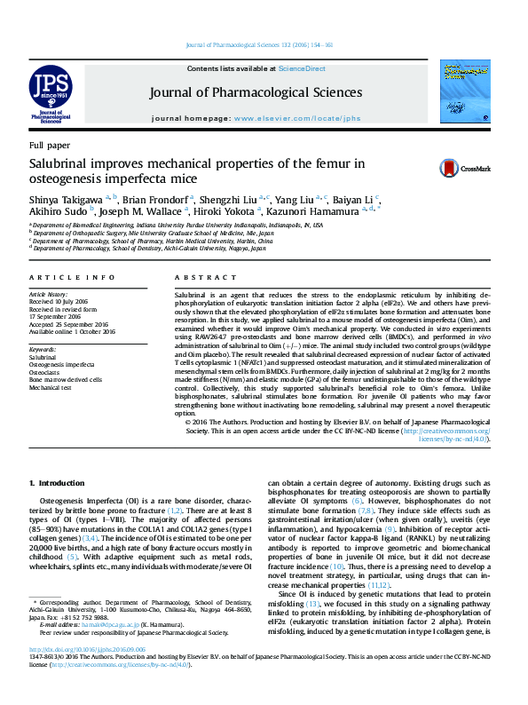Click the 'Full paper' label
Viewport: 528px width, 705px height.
click(49, 144)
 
